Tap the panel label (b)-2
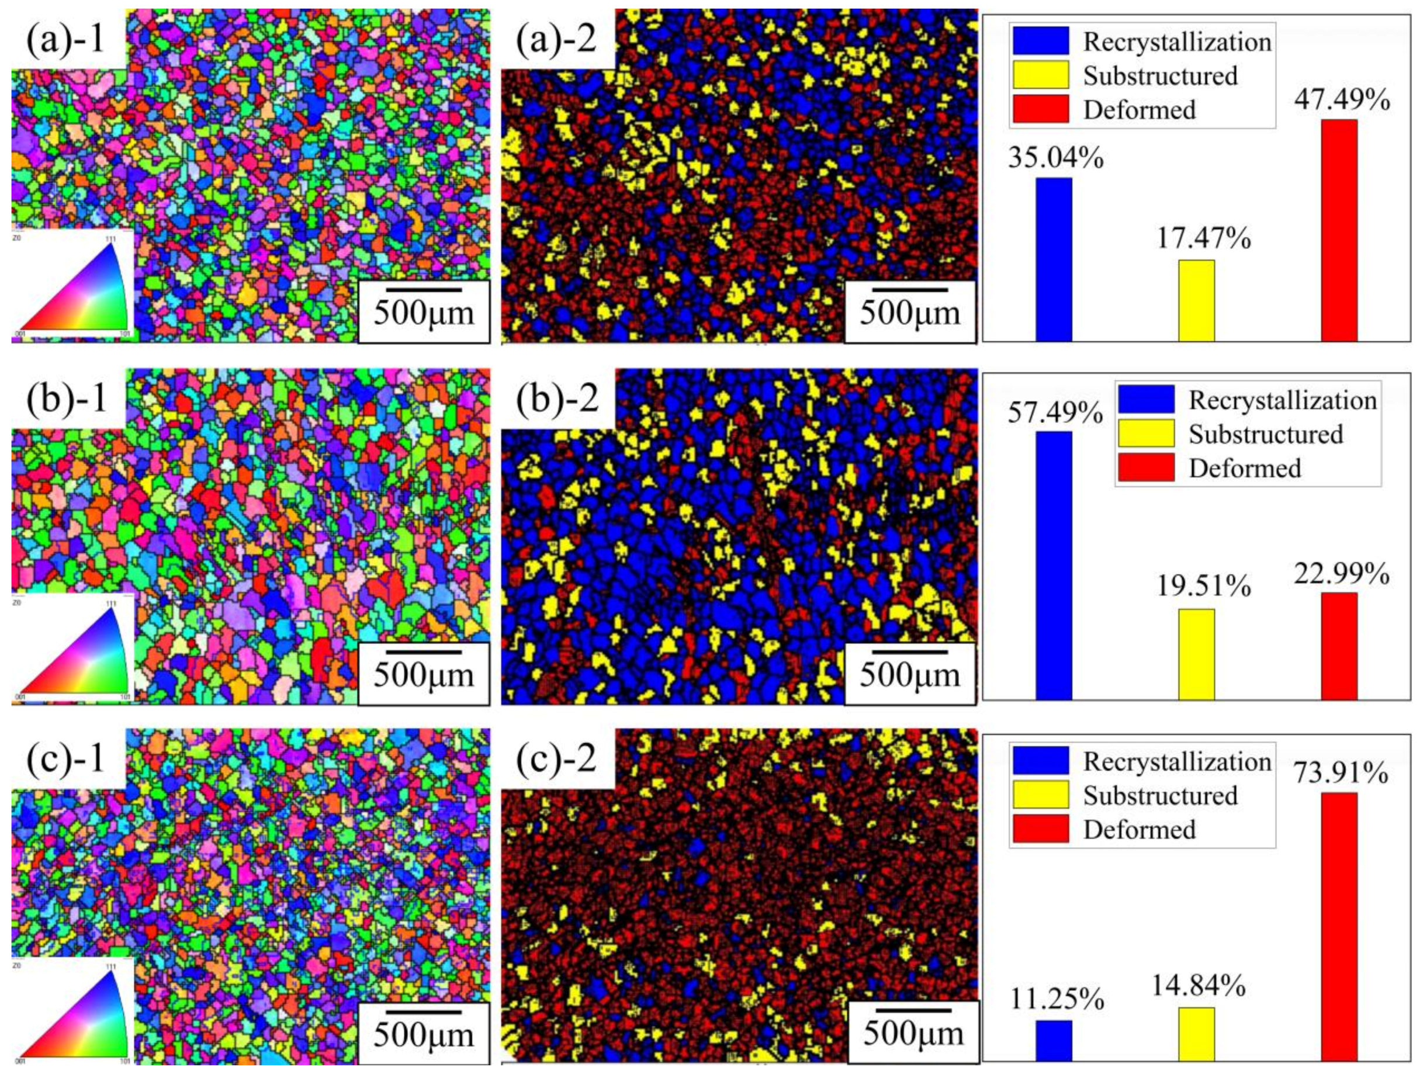pos(557,398)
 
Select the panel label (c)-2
pos(557,759)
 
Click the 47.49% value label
pos(1342,100)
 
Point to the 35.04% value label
pos(1055,157)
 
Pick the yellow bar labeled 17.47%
pos(1197,300)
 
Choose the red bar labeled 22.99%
pos(1339,646)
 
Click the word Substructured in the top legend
pos(1160,76)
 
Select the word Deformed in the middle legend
pos(1244,468)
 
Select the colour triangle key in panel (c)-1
pos(73,1010)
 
